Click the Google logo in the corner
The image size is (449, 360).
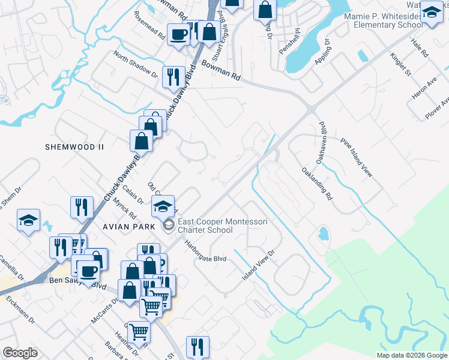click(20, 353)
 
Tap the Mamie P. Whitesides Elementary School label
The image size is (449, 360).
click(381, 20)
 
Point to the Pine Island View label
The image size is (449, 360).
click(357, 158)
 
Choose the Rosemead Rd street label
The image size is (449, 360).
click(149, 25)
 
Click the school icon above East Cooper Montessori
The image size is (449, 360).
click(163, 206)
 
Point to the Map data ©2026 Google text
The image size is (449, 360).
click(412, 355)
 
